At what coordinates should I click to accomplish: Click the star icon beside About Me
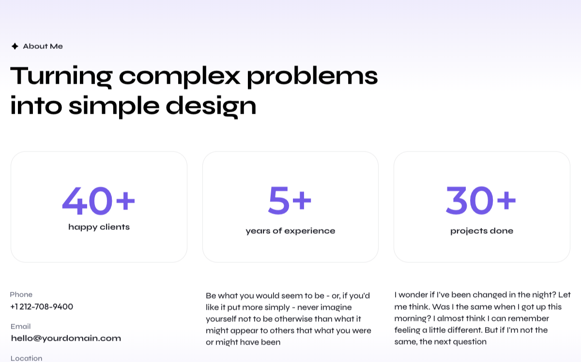15,46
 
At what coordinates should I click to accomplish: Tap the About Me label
43,46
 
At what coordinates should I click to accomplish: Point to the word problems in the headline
312,76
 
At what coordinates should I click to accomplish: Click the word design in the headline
211,106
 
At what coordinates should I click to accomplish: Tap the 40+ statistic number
99,201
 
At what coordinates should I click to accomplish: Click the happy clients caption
99,227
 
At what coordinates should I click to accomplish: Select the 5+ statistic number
290,200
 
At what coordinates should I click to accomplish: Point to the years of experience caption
290,231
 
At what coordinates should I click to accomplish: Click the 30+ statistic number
481,200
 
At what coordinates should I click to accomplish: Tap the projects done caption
482,231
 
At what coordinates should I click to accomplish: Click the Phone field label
21,295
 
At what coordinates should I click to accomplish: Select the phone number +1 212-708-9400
42,307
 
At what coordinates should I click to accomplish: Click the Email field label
20,327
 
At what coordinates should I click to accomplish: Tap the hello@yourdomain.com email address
66,338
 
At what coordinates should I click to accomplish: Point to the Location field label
26,358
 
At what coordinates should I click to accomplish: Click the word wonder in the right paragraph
413,295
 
